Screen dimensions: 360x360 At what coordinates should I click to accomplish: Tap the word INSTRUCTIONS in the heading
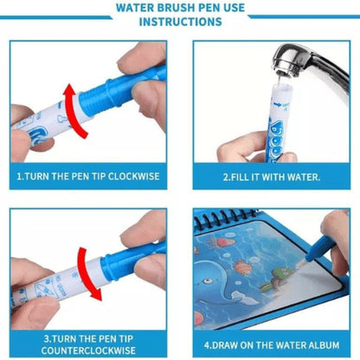pos(181,22)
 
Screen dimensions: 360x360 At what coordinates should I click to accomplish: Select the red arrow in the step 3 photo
pos(86,273)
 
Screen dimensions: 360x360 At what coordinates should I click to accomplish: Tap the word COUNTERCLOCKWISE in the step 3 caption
pos(88,350)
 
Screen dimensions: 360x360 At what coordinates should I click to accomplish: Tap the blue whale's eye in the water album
pos(207,280)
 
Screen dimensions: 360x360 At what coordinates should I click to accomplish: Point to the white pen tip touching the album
pos(300,263)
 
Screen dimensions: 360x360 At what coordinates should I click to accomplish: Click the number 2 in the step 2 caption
pos(226,177)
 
